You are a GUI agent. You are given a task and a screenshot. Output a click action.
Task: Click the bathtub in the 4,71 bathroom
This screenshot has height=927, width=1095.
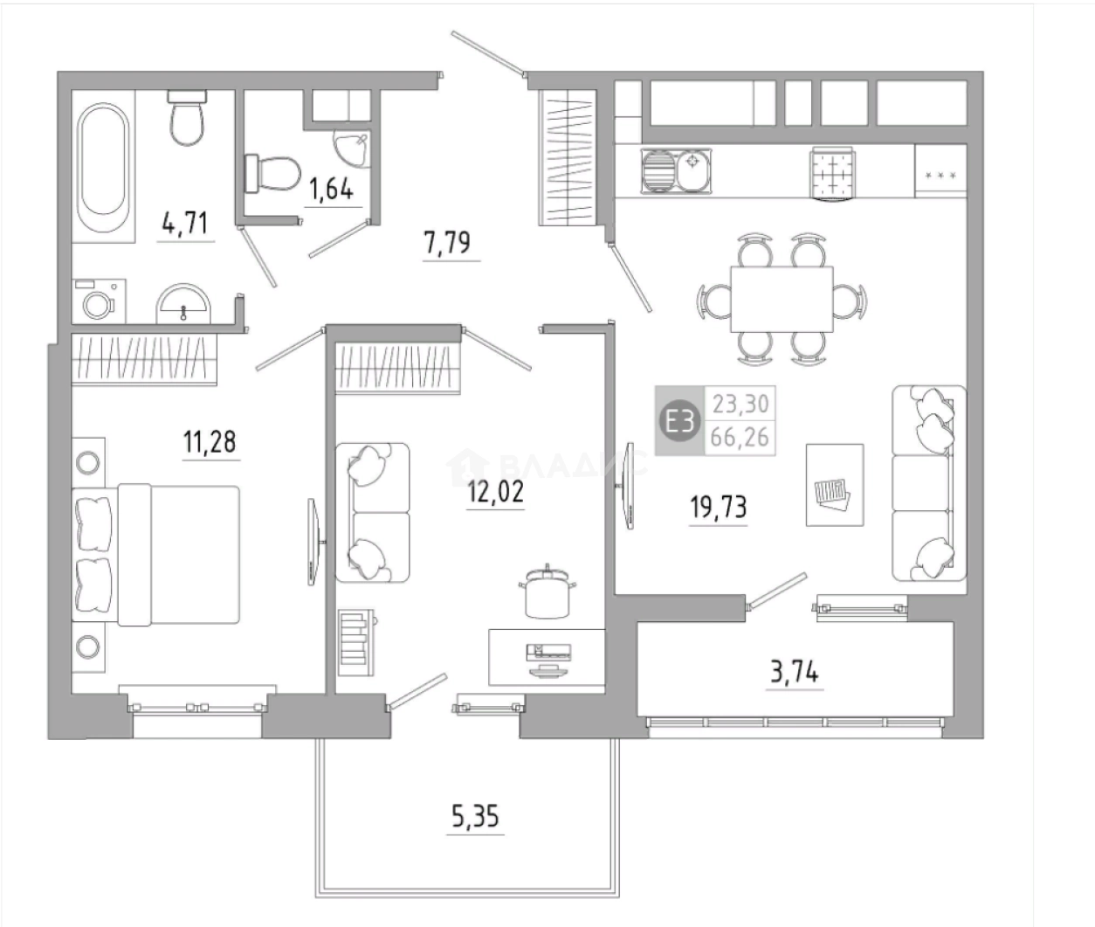tap(103, 167)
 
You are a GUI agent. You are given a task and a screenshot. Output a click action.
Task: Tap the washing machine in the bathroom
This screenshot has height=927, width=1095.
tap(99, 301)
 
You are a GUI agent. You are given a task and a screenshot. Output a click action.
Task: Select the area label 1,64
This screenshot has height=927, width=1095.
tap(332, 190)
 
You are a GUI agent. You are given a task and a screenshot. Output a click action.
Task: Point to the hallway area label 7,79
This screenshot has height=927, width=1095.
tap(447, 243)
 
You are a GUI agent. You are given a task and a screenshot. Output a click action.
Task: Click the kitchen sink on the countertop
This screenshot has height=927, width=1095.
tap(676, 169)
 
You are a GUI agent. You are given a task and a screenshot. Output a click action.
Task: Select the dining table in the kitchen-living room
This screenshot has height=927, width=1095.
tap(782, 300)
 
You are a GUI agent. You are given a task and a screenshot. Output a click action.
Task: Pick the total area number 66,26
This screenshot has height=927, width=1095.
tap(740, 437)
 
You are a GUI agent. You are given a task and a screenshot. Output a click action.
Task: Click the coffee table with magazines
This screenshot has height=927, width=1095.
tap(835, 485)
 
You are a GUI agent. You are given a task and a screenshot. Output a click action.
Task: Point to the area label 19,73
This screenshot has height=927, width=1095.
tap(719, 507)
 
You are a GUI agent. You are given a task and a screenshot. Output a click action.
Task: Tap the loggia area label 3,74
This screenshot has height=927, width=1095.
tap(795, 672)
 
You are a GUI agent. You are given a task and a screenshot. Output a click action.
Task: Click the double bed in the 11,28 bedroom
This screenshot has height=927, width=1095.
tap(155, 554)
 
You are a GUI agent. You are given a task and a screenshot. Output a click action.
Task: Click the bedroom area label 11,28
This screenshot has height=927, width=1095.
tap(210, 441)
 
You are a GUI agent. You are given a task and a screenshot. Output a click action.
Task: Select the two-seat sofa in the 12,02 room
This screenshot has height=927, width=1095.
tap(372, 513)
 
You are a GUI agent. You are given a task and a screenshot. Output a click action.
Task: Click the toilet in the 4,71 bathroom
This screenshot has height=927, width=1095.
tap(187, 118)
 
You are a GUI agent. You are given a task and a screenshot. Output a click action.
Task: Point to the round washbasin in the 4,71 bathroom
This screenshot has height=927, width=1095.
tap(183, 304)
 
